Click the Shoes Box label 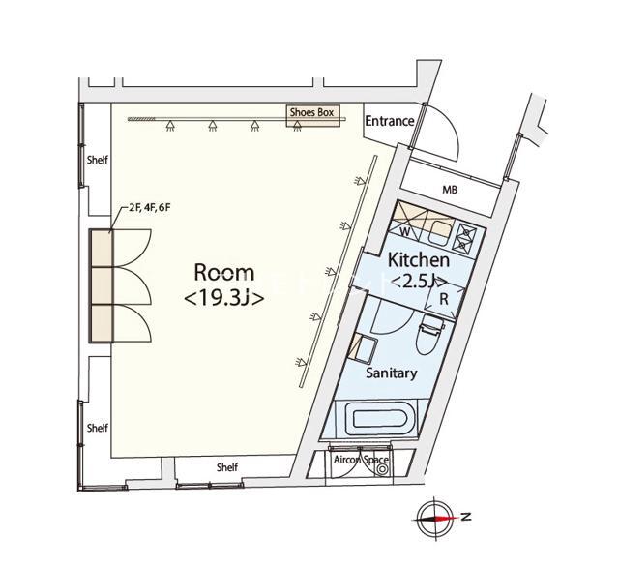pos(311,112)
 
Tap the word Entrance pos(390,121)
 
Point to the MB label pos(450,190)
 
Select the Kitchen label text pos(419,260)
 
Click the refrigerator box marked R pos(444,300)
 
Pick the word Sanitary pos(391,373)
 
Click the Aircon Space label pos(361,460)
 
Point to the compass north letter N pos(466,516)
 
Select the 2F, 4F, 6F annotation pos(150,208)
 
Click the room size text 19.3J pos(224,298)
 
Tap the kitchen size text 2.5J pos(419,282)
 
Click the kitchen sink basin pos(440,233)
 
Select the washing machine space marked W pos(406,232)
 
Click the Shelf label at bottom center pos(227,467)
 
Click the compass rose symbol pos(434,518)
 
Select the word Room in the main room pos(224,273)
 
